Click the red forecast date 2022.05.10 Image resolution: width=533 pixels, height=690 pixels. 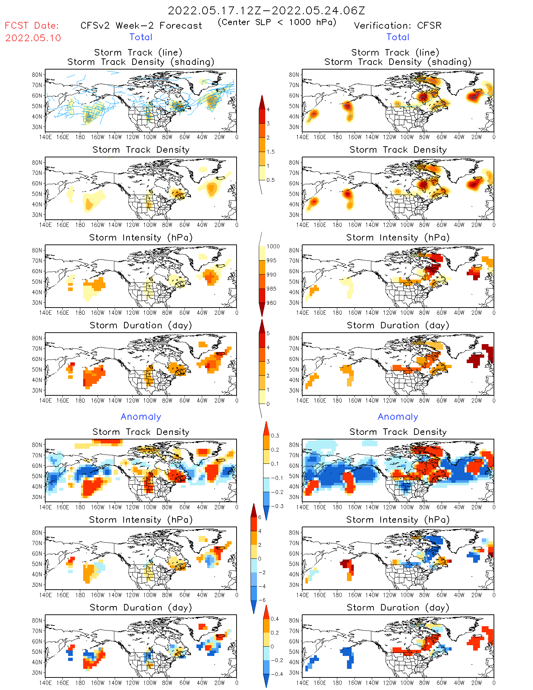pyautogui.click(x=33, y=38)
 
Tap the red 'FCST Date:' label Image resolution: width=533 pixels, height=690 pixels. pyautogui.click(x=32, y=25)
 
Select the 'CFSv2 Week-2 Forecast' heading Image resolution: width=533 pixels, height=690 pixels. pyautogui.click(x=141, y=25)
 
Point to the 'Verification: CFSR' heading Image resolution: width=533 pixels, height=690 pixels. pyautogui.click(x=398, y=25)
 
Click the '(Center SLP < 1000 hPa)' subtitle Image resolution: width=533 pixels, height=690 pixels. pyautogui.click(x=277, y=22)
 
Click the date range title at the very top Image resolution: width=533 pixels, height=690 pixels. pyautogui.click(x=266, y=10)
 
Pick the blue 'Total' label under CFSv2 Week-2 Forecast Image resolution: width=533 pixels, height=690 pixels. pyautogui.click(x=141, y=37)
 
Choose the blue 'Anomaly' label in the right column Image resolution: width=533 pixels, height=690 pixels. pyautogui.click(x=398, y=417)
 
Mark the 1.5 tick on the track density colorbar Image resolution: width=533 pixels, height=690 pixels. pyautogui.click(x=271, y=152)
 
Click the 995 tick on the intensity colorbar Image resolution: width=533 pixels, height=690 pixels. pyautogui.click(x=271, y=261)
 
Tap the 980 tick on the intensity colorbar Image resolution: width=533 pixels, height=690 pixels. pyautogui.click(x=271, y=303)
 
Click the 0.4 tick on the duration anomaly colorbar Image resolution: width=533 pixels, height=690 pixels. pyautogui.click(x=275, y=619)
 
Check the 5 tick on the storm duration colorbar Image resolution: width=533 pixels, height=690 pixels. pyautogui.click(x=268, y=333)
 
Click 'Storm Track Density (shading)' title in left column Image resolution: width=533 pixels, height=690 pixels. pyautogui.click(x=141, y=62)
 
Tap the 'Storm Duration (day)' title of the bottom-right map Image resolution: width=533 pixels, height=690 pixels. pyautogui.click(x=398, y=608)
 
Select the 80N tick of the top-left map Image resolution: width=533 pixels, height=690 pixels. pyautogui.click(x=37, y=75)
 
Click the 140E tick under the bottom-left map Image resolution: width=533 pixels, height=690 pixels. pyautogui.click(x=45, y=683)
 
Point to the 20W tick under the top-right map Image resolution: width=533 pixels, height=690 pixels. pyautogui.click(x=476, y=137)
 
